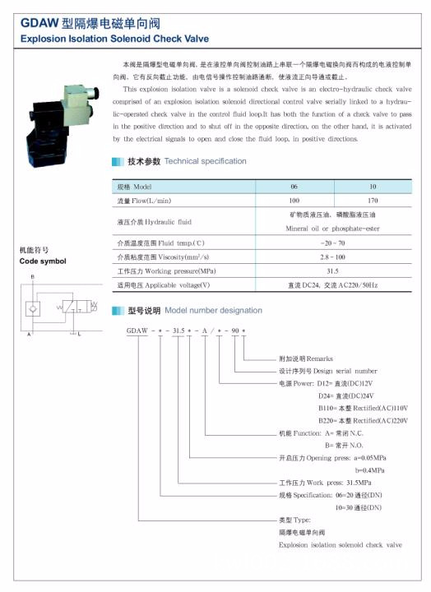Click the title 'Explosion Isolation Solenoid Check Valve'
(114, 39)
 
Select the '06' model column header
(294, 187)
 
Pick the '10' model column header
(373, 187)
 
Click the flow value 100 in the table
(294, 201)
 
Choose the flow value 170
(373, 201)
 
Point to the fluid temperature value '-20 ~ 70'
(333, 244)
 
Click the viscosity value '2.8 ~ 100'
(333, 257)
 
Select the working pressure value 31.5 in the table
(333, 271)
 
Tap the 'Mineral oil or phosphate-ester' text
(333, 228)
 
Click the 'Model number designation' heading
(213, 311)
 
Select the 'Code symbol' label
(43, 261)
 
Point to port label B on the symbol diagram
(32, 277)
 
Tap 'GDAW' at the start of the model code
(137, 331)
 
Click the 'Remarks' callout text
(295, 359)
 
